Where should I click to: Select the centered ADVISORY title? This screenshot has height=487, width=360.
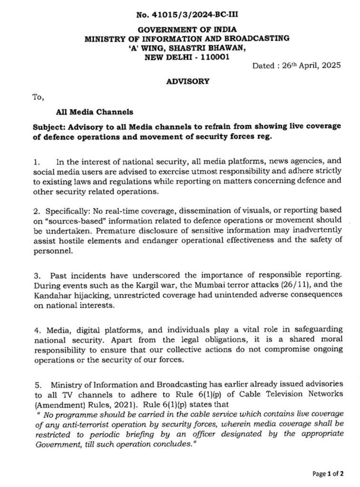click(x=187, y=81)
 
